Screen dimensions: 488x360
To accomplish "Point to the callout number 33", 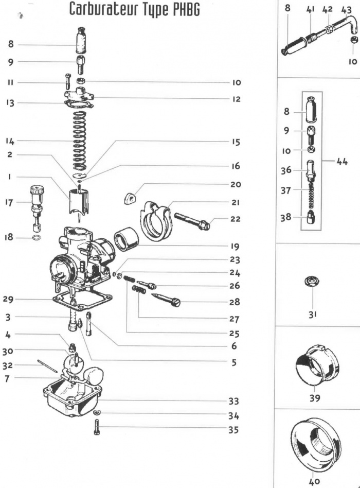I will pos(235,400).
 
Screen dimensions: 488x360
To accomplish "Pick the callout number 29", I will pos(11,299).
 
